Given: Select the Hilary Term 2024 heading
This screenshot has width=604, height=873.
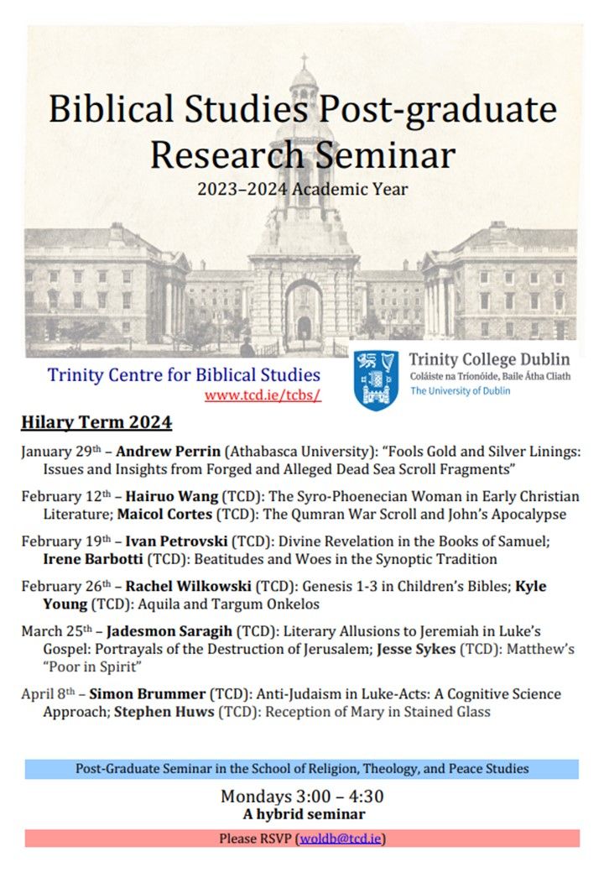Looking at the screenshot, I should pyautogui.click(x=96, y=422).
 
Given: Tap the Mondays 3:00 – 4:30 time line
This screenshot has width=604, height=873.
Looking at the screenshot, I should pyautogui.click(x=302, y=796).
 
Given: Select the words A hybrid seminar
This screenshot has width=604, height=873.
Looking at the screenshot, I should pyautogui.click(x=302, y=813).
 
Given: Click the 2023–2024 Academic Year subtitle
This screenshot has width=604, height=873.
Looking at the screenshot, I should pyautogui.click(x=302, y=190).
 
